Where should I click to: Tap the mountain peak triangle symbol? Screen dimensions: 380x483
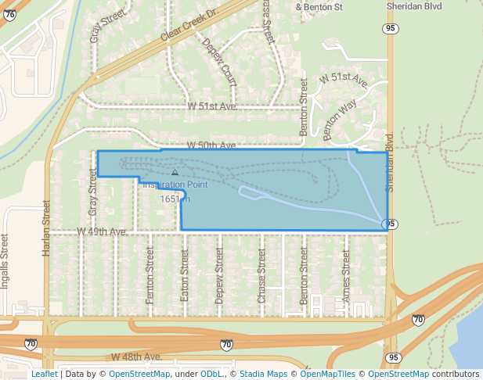(175, 171)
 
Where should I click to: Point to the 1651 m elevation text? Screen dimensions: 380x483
(175, 199)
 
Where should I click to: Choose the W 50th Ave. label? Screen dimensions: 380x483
(211, 146)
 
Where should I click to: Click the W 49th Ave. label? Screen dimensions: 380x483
(102, 232)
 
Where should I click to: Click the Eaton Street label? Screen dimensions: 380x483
(186, 274)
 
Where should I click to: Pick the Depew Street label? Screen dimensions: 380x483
(220, 274)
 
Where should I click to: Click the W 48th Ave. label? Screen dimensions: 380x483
(136, 357)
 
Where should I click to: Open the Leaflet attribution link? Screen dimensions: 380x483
(44, 374)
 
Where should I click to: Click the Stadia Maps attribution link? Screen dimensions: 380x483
(262, 374)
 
